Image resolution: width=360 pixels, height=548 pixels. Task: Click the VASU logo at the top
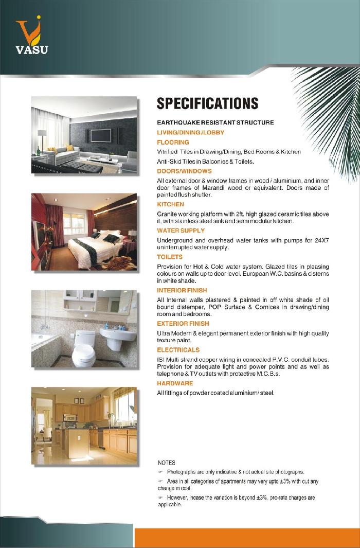[x=32, y=36]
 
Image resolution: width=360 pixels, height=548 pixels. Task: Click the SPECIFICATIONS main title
[x=207, y=103]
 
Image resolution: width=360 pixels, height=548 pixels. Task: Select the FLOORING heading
[x=173, y=142]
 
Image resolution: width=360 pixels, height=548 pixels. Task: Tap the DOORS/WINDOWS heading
[x=184, y=171]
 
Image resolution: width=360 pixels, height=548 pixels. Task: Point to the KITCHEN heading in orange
[x=170, y=204]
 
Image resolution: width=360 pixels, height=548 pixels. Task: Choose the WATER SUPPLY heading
[x=181, y=231]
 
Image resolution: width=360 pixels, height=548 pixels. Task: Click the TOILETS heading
[x=170, y=257]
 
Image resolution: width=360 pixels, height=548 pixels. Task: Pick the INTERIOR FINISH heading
[x=182, y=291]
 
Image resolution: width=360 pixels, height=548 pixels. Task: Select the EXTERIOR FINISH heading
[x=183, y=324]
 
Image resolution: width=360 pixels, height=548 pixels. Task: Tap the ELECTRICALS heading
[x=178, y=350]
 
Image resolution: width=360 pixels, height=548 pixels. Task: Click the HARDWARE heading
[x=175, y=383]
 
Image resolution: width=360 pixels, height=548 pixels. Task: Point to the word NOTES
[x=167, y=463]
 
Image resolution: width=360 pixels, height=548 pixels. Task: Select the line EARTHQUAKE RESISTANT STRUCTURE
[x=215, y=122]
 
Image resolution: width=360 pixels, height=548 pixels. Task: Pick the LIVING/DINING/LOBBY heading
[x=190, y=132]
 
